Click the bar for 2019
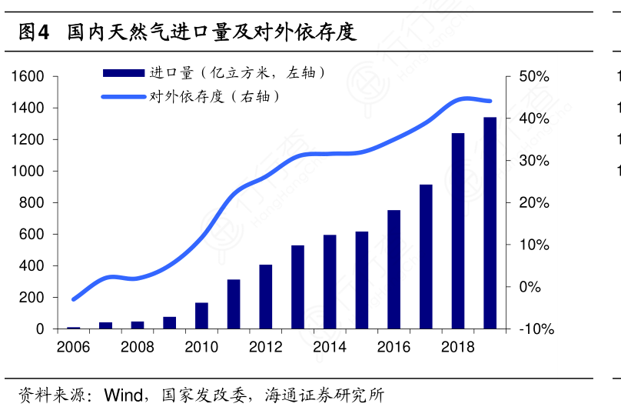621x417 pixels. tap(490, 223)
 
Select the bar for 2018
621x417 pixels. tap(458, 231)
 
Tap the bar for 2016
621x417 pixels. tap(394, 269)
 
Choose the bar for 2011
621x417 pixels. tap(234, 304)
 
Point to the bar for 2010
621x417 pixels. tap(201, 315)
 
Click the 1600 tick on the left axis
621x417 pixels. tap(28, 77)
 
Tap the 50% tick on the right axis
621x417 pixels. tap(534, 77)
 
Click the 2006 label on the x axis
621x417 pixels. tap(74, 347)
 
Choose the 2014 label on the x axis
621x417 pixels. tap(330, 347)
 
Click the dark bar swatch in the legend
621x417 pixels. tap(123, 73)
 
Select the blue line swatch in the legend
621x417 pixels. tap(123, 97)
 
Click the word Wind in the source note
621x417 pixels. tap(124, 396)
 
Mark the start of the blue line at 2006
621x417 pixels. tap(74, 299)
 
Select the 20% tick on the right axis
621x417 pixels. tap(534, 203)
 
